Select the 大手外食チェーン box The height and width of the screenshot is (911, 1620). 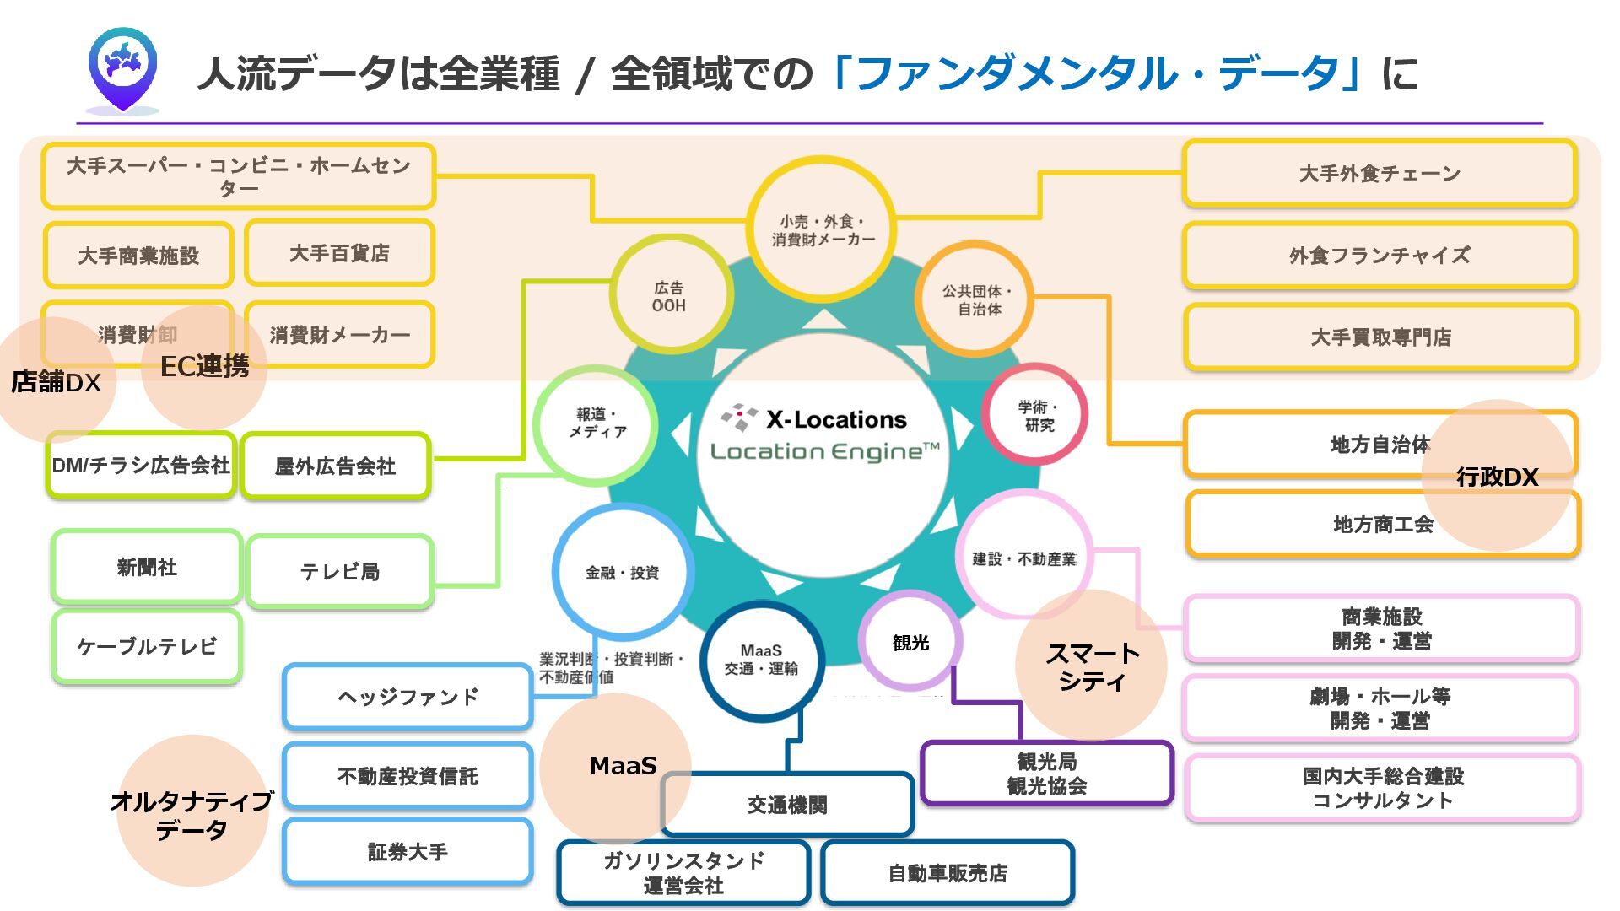[x=1379, y=174]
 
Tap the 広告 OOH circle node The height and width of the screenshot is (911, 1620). [x=669, y=296]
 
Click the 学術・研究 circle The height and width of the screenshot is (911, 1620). [x=1035, y=416]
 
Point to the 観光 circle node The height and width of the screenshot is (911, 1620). [x=910, y=642]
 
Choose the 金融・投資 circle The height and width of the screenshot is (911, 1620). [x=622, y=573]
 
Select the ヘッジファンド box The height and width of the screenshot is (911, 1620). [x=408, y=697]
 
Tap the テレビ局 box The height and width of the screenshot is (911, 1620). [x=340, y=572]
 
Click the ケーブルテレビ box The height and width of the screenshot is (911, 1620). [x=147, y=646]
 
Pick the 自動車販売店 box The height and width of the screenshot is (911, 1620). [x=947, y=873]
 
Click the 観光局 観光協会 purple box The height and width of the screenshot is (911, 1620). [x=1046, y=774]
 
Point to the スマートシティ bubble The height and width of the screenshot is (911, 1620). [x=1092, y=666]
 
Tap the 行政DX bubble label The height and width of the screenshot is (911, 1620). [x=1497, y=477]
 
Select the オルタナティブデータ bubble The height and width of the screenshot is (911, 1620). [x=192, y=814]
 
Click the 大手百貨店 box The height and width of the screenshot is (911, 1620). [x=339, y=253]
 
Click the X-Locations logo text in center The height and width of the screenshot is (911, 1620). [x=835, y=419]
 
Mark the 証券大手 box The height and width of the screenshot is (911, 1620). [x=408, y=852]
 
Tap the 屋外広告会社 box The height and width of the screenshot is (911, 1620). [x=335, y=466]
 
